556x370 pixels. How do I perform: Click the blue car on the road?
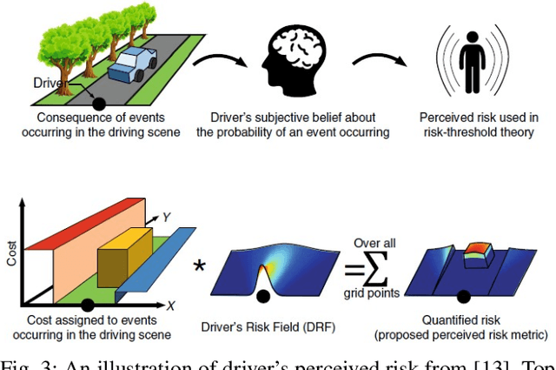(x=136, y=64)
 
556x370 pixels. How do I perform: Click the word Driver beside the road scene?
(x=50, y=82)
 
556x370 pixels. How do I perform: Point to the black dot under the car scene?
(x=99, y=104)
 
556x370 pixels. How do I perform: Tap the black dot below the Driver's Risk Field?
(x=263, y=296)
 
